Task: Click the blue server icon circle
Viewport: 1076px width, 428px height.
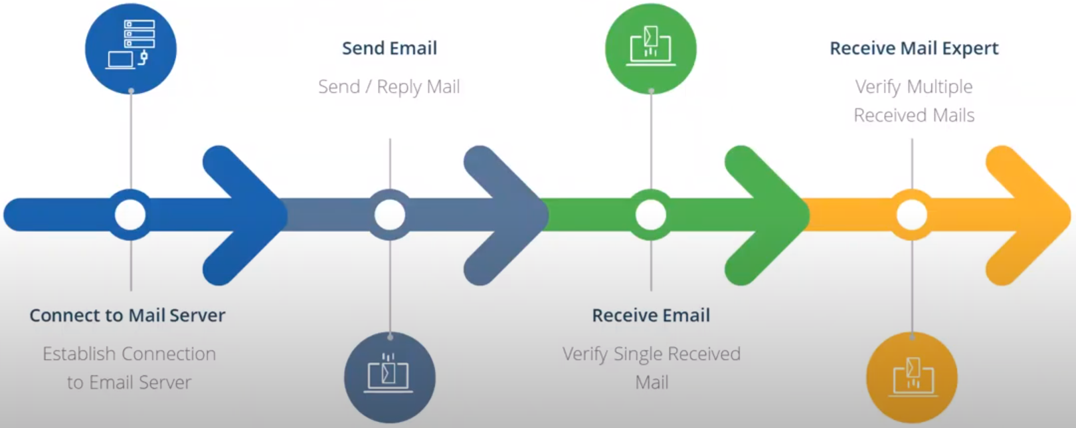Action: coord(131,49)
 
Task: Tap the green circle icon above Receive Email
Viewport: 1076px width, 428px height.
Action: coord(650,49)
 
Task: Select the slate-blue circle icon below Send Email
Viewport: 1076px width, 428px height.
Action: coord(390,377)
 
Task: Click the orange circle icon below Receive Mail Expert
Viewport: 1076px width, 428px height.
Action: coord(912,377)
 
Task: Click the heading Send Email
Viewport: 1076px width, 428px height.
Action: coord(389,49)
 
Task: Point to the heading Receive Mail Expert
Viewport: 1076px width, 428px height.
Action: coord(914,49)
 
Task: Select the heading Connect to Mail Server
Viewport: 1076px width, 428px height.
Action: coord(128,315)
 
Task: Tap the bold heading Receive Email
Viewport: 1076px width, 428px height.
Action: coord(651,315)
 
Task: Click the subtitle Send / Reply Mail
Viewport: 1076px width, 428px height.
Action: coord(389,87)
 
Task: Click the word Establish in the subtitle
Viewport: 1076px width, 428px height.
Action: coord(78,354)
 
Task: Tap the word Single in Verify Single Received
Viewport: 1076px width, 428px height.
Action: coord(638,354)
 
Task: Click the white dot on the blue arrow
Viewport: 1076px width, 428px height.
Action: coord(130,215)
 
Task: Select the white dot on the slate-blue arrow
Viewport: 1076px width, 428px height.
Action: coord(390,215)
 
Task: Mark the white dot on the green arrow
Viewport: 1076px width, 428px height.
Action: coord(651,215)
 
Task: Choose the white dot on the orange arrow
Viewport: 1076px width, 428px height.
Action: coord(912,215)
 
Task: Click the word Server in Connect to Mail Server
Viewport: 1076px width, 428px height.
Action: coord(197,315)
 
